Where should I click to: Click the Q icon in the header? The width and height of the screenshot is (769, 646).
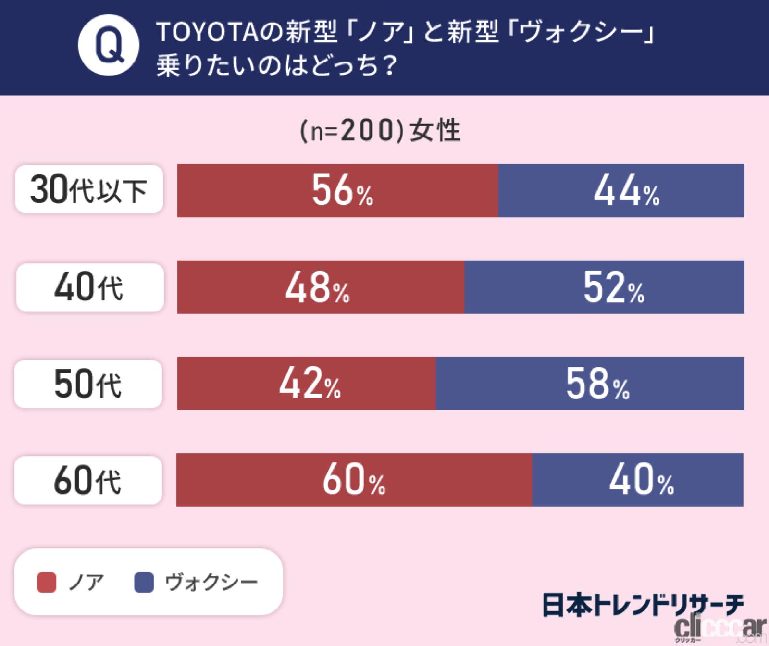109,48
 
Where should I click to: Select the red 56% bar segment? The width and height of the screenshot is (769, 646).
337,191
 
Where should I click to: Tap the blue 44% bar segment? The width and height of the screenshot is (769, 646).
621,191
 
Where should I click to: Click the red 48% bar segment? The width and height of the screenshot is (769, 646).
321,287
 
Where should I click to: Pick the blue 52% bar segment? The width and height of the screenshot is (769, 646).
604,287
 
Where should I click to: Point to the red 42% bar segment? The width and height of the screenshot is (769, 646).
306,384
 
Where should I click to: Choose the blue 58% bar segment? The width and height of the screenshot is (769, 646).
590,384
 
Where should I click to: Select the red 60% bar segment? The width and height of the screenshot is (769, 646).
354,480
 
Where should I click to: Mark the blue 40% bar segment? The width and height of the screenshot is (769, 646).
638,480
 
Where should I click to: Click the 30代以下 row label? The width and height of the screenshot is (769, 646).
89,189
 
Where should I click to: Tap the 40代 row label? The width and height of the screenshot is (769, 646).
90,287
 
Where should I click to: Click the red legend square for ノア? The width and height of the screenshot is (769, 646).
47,583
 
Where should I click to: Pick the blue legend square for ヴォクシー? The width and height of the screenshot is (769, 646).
144,583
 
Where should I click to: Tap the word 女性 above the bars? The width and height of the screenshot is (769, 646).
435,131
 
